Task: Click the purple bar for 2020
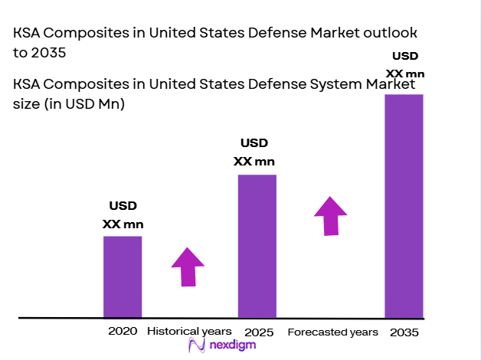tap(123, 277)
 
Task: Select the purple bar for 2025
tap(257, 246)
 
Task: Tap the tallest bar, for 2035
tap(404, 205)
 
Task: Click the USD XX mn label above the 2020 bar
tap(123, 215)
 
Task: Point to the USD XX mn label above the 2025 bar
tap(254, 152)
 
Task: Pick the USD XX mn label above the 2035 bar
tap(405, 64)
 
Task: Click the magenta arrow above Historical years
tap(187, 267)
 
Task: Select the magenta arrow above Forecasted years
tap(330, 216)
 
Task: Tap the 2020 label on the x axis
tap(123, 332)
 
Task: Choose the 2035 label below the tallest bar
tap(404, 332)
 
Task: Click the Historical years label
tap(188, 332)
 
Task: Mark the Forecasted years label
tap(332, 332)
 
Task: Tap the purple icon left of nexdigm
tap(196, 346)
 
